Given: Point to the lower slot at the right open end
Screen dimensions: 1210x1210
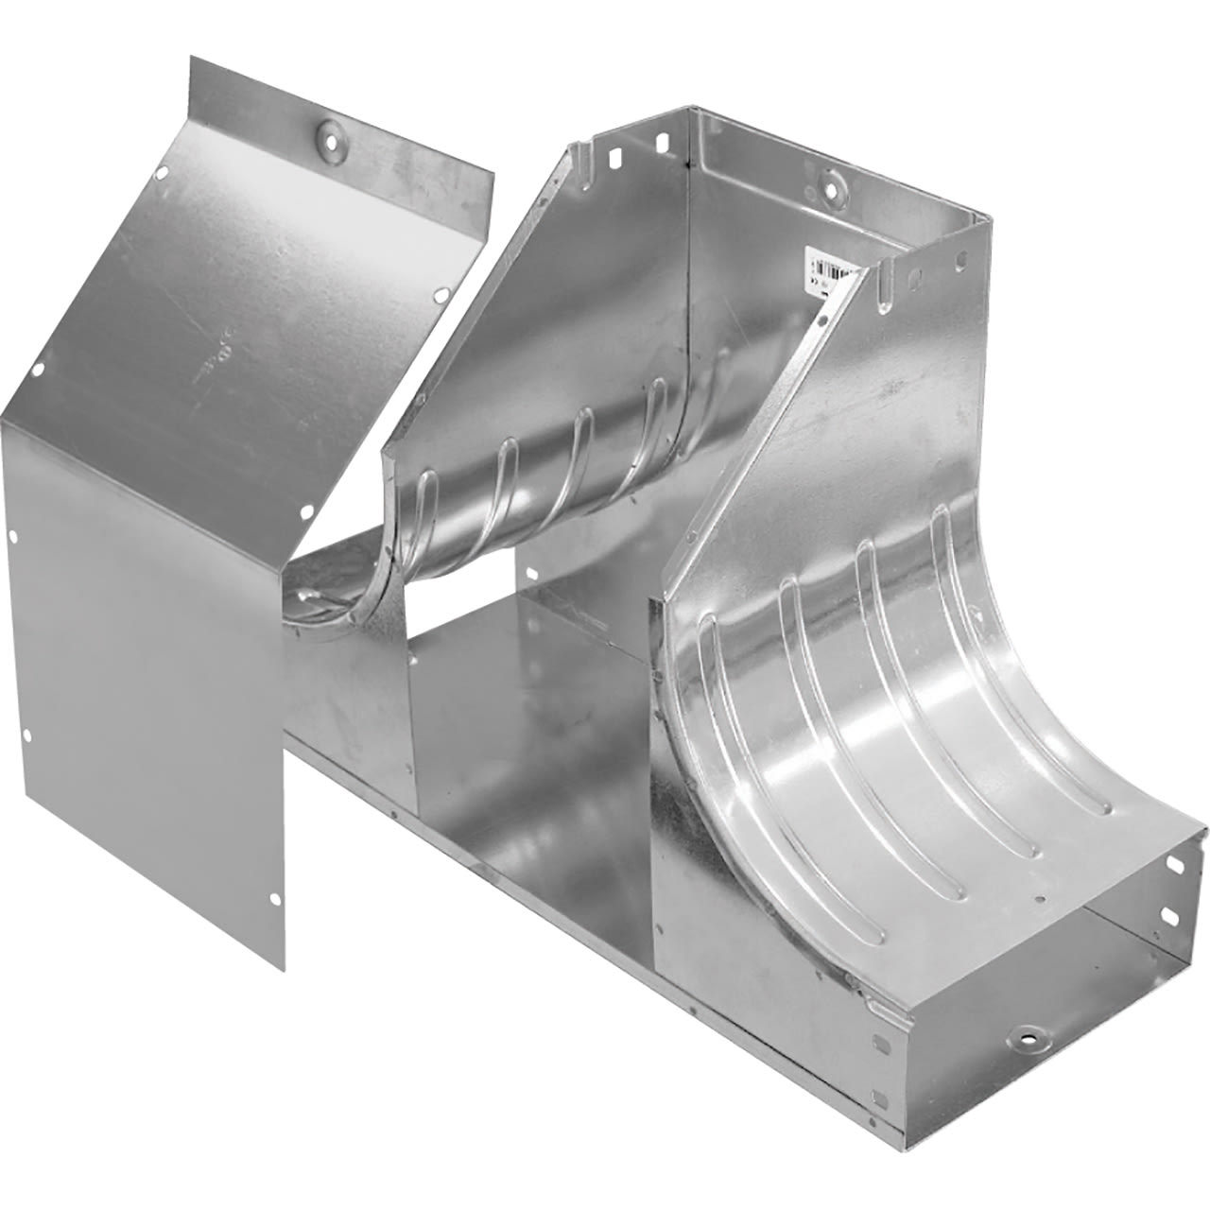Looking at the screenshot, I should tap(1169, 915).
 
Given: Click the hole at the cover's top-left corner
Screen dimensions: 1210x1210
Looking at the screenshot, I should tap(162, 173).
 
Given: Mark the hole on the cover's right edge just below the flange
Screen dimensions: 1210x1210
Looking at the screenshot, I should tap(441, 296).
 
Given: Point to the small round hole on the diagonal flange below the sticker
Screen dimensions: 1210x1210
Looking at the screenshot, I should tap(822, 321).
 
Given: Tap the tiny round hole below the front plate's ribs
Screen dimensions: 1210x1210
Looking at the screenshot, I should tap(1039, 899).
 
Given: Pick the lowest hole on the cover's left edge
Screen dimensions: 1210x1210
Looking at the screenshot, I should tap(27, 735).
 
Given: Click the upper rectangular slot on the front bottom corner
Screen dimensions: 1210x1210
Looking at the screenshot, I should tap(879, 1043).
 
